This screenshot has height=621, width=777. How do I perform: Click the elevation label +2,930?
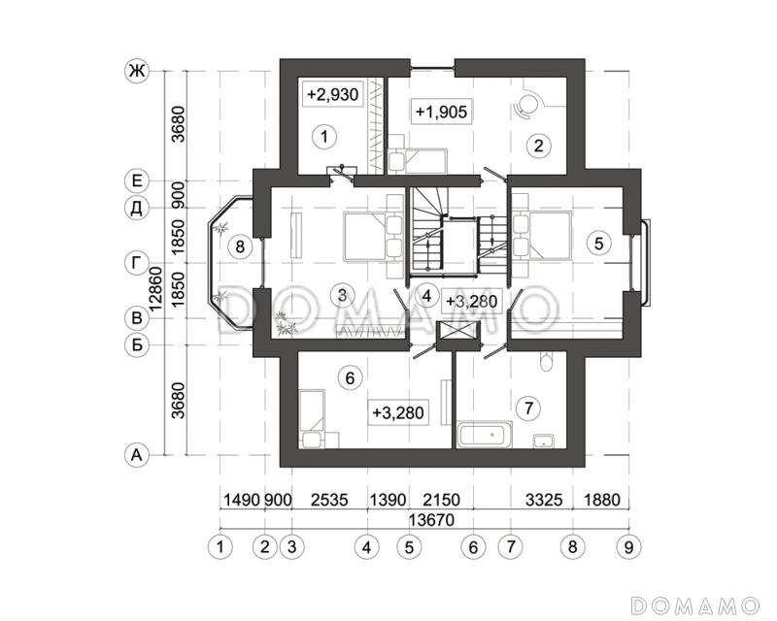332,93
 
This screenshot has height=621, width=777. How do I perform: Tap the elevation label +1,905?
441,112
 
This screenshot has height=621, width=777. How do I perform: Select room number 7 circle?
528,409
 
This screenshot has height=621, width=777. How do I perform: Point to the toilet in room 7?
546,362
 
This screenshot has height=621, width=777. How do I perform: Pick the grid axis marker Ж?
136,71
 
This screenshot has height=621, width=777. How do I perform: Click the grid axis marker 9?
628,547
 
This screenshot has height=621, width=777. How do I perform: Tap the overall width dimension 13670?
431,519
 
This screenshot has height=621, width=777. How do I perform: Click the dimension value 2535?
329,500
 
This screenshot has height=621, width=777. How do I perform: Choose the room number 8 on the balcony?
240,245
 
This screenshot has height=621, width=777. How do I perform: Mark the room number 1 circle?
324,136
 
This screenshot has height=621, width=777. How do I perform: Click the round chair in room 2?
527,105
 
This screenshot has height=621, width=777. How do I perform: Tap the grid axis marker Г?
136,263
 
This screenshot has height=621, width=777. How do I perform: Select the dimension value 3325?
544,500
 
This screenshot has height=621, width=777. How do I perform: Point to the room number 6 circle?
350,378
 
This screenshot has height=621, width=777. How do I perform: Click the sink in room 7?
544,441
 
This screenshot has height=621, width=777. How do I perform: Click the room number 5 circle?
599,244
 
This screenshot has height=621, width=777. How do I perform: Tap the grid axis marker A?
136,455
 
